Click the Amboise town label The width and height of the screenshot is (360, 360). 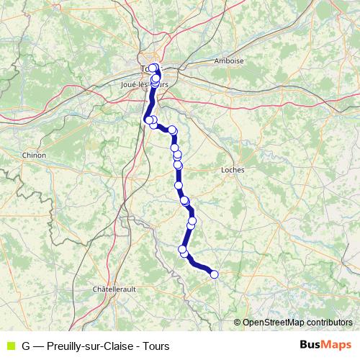pyautogui.click(x=230, y=61)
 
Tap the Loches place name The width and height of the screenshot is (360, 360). pyautogui.click(x=234, y=170)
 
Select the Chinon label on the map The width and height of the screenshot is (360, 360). pyautogui.click(x=35, y=155)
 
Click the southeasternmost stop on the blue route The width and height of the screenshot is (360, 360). pyautogui.click(x=214, y=274)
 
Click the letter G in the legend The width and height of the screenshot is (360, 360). pyautogui.click(x=26, y=345)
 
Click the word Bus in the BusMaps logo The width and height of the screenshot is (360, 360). pyautogui.click(x=311, y=345)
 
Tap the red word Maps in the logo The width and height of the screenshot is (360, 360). pyautogui.click(x=337, y=345)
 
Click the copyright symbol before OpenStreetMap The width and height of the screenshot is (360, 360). pyautogui.click(x=238, y=323)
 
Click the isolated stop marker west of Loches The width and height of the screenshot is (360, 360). pyautogui.click(x=178, y=185)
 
